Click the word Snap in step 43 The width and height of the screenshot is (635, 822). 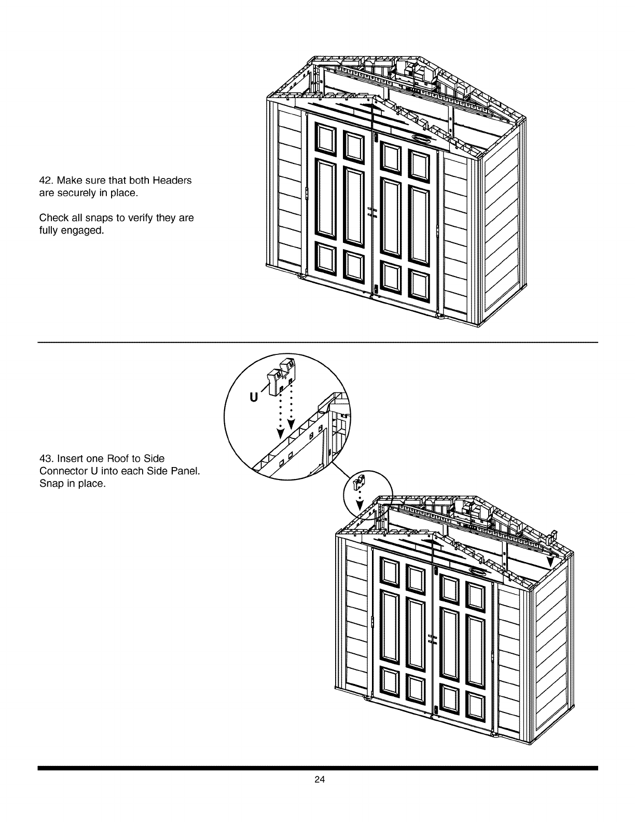tap(50, 484)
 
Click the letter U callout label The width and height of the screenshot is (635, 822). tap(253, 398)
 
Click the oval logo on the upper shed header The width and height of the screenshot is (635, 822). tap(421, 139)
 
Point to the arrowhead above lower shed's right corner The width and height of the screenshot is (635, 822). tap(550, 563)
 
